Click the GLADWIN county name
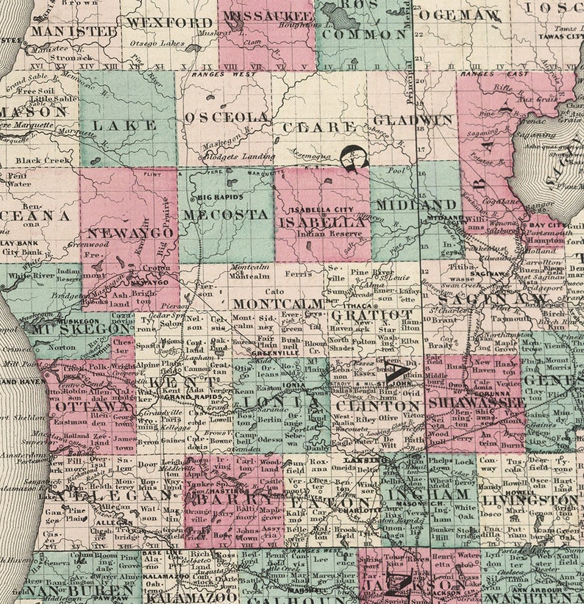point(412,120)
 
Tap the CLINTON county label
point(377,406)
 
